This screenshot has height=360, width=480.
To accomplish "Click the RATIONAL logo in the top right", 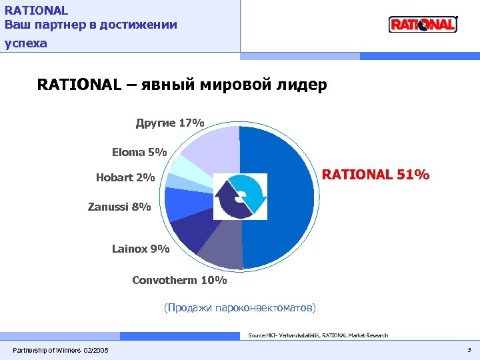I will click(423, 25).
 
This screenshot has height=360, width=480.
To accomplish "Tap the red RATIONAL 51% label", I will click(376, 175).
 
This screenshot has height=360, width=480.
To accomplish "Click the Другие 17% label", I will click(170, 123).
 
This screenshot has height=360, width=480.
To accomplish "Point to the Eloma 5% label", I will click(139, 152).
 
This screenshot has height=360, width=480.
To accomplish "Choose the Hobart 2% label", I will click(125, 178).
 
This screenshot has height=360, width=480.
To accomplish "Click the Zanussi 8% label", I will click(119, 207).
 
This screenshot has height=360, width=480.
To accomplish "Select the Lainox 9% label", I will click(141, 249).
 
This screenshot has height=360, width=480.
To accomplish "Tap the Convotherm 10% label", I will click(179, 280).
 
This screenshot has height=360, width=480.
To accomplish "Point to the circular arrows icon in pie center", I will click(240, 197).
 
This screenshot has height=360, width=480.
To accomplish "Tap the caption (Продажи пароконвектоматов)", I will click(240, 307).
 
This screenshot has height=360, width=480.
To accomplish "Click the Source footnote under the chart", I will click(317, 335).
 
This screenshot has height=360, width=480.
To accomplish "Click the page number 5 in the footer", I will click(469, 350).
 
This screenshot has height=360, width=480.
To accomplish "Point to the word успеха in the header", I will click(26, 43).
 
